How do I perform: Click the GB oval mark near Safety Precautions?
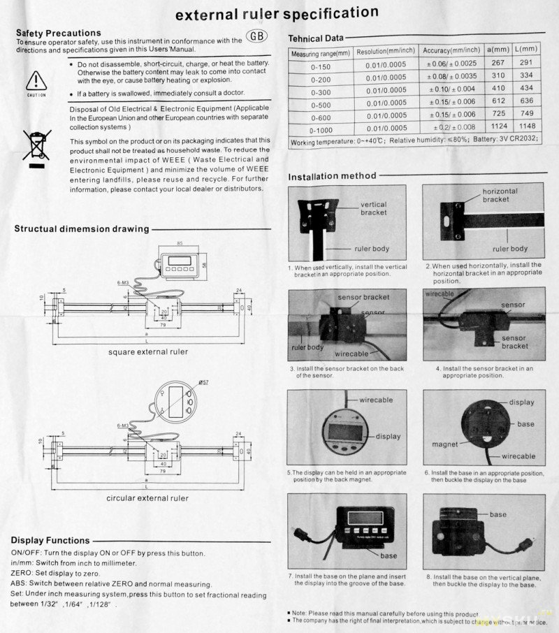click(x=257, y=36)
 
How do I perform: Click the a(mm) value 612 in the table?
click(x=498, y=101)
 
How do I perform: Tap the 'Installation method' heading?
click(x=332, y=176)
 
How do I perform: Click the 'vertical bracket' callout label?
click(x=373, y=210)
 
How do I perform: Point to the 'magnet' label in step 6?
click(x=444, y=444)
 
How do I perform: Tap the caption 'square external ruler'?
click(x=147, y=351)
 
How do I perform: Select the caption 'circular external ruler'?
click(x=147, y=498)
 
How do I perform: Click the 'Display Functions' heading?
click(x=51, y=540)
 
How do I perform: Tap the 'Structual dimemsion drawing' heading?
click(x=81, y=228)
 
